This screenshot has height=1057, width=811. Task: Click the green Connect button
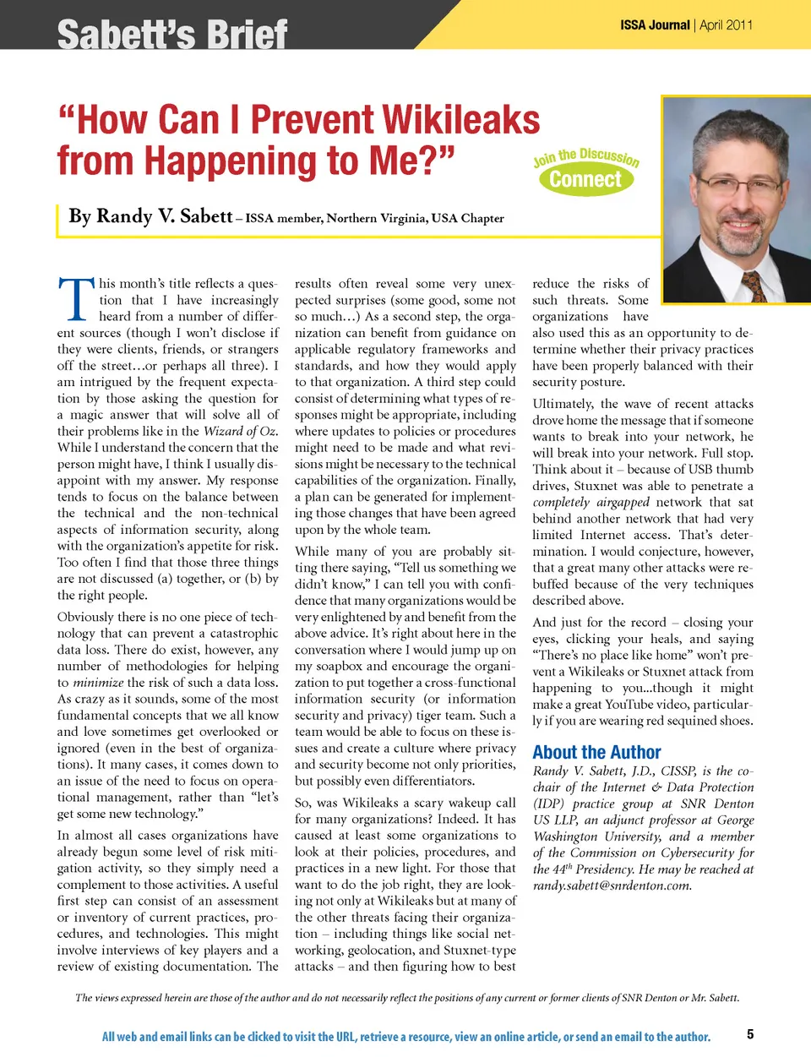[585, 179]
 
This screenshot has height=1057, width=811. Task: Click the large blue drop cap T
[76, 300]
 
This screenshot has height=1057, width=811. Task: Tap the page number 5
[750, 1033]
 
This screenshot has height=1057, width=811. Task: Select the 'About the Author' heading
[596, 752]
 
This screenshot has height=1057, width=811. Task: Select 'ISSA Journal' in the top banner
[655, 25]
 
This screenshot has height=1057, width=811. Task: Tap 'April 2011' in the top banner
[726, 25]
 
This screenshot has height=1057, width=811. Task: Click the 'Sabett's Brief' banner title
[172, 35]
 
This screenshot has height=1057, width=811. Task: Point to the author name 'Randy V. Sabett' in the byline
[150, 216]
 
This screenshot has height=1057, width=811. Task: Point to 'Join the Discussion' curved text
[585, 157]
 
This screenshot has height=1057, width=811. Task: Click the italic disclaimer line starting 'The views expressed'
[406, 998]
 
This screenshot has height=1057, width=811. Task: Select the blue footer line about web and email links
[406, 1037]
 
